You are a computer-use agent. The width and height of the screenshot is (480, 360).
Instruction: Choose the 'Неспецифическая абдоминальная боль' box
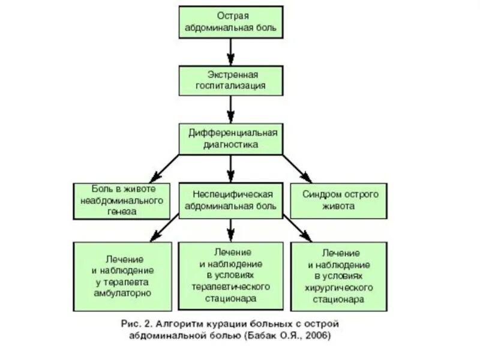231,200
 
